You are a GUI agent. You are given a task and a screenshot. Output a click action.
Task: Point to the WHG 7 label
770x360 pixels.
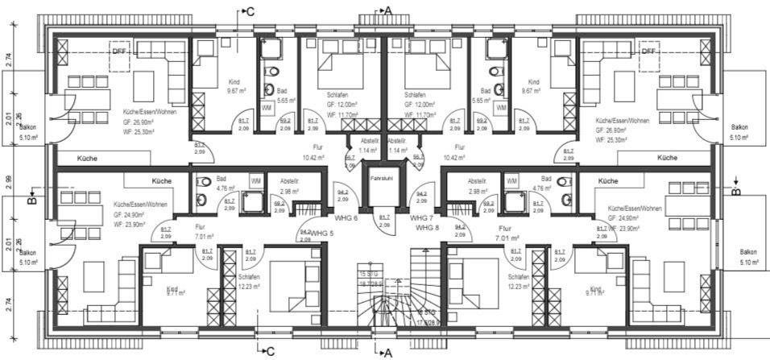pos(421,218)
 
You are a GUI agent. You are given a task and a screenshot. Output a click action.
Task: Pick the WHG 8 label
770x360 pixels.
pos(428,229)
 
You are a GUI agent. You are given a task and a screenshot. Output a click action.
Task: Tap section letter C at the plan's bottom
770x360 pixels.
pos(271,350)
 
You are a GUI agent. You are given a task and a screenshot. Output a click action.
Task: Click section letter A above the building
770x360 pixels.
pos(388,10)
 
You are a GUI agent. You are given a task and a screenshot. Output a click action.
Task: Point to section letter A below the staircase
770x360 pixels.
pos(387,352)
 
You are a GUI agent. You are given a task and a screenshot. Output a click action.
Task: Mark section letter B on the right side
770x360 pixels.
pos(736,192)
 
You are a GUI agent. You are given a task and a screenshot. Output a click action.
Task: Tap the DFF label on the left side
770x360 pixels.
pos(120,52)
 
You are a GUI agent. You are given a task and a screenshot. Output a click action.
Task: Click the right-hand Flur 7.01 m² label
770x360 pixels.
pos(506,233)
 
